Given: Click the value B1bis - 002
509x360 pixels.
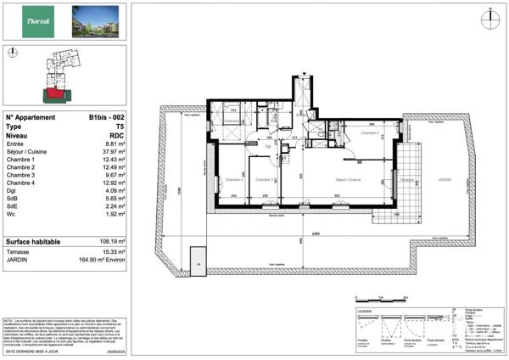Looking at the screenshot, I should (107, 118).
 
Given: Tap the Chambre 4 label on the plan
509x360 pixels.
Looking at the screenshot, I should (369, 133).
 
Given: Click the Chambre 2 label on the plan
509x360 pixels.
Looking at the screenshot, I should (235, 180).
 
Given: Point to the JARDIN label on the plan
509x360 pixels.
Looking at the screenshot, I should (445, 180).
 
